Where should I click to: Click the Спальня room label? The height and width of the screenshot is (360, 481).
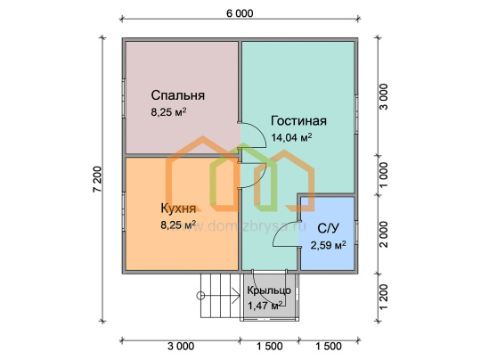coord(177,95)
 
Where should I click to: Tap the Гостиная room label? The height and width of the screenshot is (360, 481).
coord(298,121)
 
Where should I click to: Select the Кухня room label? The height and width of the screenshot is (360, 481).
coord(178,209)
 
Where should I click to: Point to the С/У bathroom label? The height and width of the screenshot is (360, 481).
coord(328,228)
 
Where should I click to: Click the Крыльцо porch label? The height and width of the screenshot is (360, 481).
coord(269,290)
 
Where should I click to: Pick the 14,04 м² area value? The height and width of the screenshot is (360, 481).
coord(291,137)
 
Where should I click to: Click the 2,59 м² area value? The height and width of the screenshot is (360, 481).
coord(328,245)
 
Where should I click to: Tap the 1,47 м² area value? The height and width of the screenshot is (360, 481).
coord(265,306)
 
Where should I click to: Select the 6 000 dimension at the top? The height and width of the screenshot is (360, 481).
coord(240,13)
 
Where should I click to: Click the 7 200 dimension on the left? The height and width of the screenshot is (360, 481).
coord(97,179)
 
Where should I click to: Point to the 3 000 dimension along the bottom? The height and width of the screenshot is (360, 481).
coord(181,347)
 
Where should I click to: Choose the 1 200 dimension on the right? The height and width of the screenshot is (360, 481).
coord(383,297)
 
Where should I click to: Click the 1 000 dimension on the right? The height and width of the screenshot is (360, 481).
coord(383,175)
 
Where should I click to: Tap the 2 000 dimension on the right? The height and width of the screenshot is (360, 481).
coord(383,234)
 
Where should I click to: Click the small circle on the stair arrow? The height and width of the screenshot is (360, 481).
coord(200,296)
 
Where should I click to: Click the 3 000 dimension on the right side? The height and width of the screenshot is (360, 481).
coord(383,96)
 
